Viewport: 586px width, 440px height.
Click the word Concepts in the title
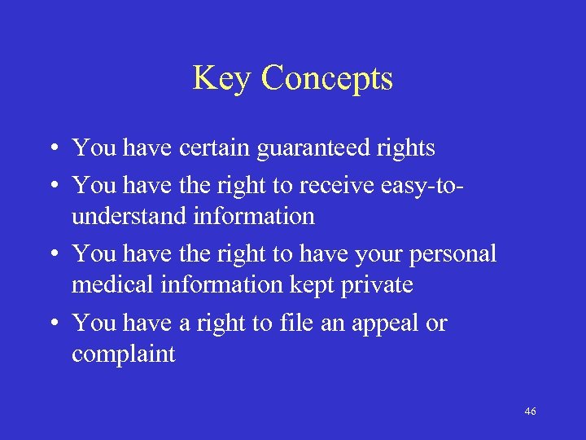pyautogui.click(x=327, y=79)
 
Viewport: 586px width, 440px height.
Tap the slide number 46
pyautogui.click(x=530, y=411)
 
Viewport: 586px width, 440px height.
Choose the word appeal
pyautogui.click(x=386, y=323)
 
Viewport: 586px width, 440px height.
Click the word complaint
pyautogui.click(x=124, y=354)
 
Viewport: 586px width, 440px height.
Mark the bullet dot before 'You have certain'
pyautogui.click(x=51, y=149)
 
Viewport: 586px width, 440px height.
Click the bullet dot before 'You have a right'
pyautogui.click(x=51, y=324)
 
